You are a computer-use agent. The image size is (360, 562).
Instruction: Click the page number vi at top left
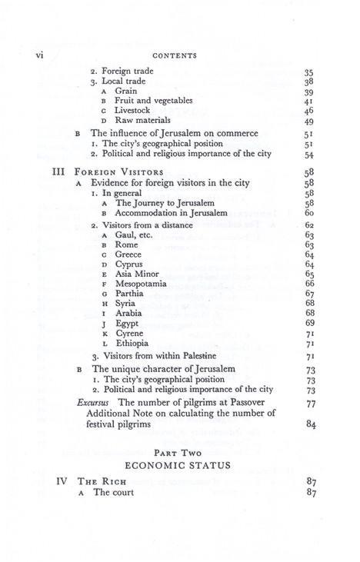(30, 55)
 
